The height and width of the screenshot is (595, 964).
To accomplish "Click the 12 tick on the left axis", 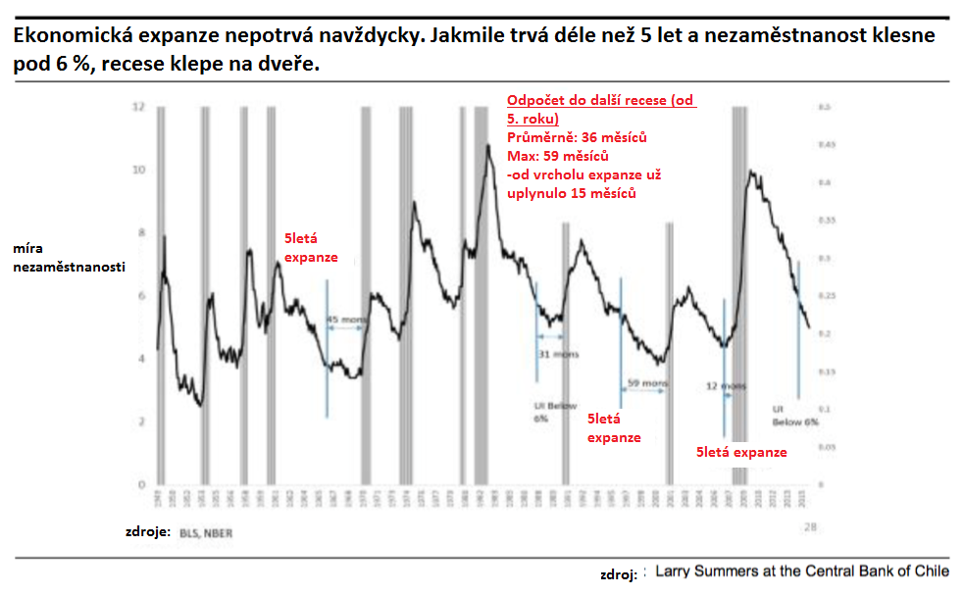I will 138,106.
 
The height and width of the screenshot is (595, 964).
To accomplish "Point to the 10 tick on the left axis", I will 138,170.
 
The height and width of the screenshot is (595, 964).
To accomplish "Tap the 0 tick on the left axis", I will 140,485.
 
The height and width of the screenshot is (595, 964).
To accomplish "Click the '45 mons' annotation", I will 344,320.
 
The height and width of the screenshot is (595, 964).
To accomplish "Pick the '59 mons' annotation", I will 646,382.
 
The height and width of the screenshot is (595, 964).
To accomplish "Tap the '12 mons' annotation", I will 726,386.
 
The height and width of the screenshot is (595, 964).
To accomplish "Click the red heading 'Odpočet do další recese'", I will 600,102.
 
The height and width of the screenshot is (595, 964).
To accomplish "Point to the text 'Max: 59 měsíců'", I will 558,156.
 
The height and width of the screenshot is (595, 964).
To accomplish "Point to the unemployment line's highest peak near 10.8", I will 486,146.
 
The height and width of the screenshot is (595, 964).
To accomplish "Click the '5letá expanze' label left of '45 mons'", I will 311,248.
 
